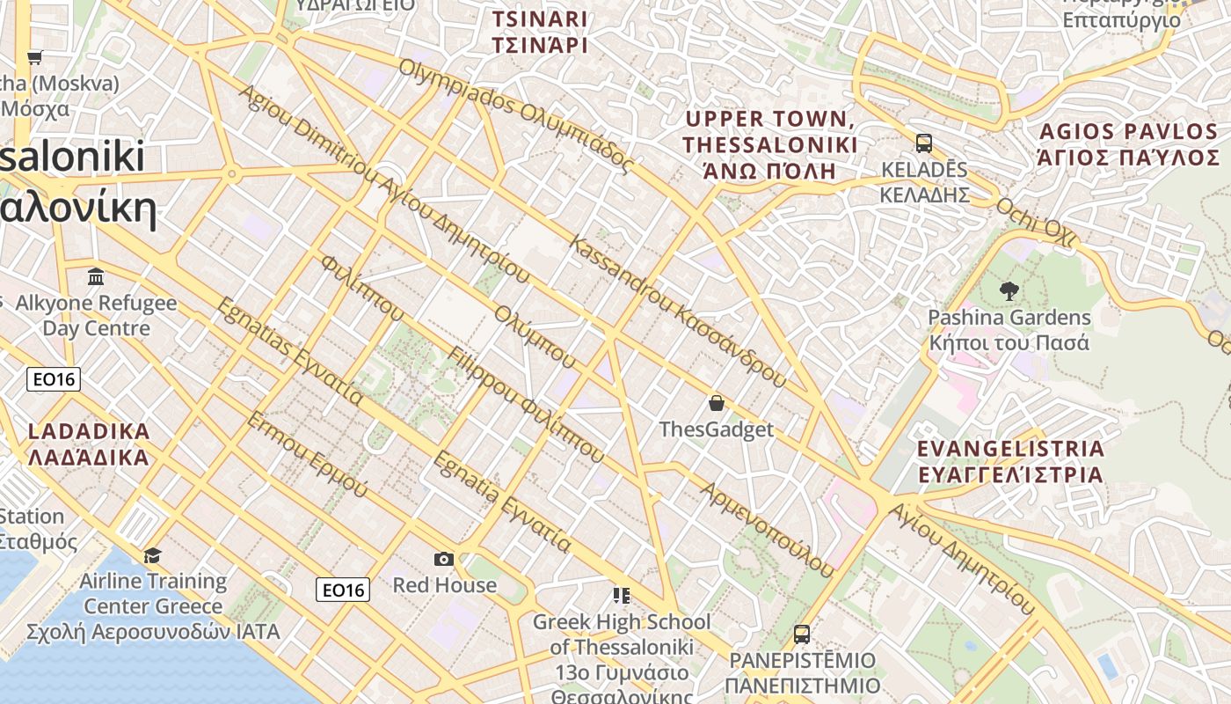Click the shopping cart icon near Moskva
pyautogui.click(x=34, y=58)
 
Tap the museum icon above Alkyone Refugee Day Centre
pyautogui.click(x=96, y=277)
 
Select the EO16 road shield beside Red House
pyautogui.click(x=343, y=590)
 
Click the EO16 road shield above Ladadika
pyautogui.click(x=54, y=379)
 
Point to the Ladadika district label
pyautogui.click(x=89, y=444)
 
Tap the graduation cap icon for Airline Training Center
pyautogui.click(x=153, y=555)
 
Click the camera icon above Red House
pyautogui.click(x=444, y=559)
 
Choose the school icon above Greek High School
pyautogui.click(x=622, y=596)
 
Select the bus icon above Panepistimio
pyautogui.click(x=801, y=634)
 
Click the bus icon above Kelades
pyautogui.click(x=924, y=143)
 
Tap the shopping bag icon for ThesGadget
pyautogui.click(x=717, y=403)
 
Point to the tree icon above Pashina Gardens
pyautogui.click(x=1009, y=290)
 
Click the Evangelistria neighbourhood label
pyautogui.click(x=1010, y=461)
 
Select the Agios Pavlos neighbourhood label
pyautogui.click(x=1130, y=145)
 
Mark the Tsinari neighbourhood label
pyautogui.click(x=540, y=32)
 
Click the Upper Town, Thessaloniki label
pyautogui.click(x=770, y=144)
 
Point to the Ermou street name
pyautogui.click(x=307, y=454)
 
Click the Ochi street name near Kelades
pyautogui.click(x=1036, y=219)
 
